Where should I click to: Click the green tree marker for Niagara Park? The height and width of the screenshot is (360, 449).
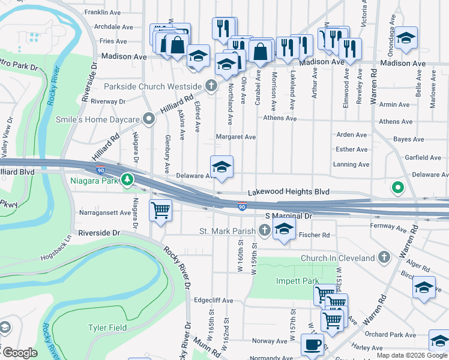[127, 179]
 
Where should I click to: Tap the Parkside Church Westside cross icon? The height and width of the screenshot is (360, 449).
[211, 86]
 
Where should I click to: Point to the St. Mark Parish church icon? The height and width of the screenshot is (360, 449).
[265, 230]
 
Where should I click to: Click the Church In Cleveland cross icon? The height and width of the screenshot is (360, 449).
[385, 258]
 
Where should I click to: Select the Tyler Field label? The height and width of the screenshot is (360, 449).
[107, 328]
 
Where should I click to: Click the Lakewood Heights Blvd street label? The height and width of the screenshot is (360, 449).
[289, 192]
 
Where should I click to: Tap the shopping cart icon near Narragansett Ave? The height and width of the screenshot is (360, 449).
[160, 211]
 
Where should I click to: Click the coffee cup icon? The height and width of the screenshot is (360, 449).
[312, 345]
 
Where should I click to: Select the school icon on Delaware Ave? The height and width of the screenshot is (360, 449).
[221, 167]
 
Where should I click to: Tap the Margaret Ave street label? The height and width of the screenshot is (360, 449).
[236, 137]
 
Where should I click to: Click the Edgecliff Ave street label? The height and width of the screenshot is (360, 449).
[214, 300]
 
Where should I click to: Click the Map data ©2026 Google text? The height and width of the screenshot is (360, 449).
[412, 355]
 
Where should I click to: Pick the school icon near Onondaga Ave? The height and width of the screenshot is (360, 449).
[406, 39]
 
